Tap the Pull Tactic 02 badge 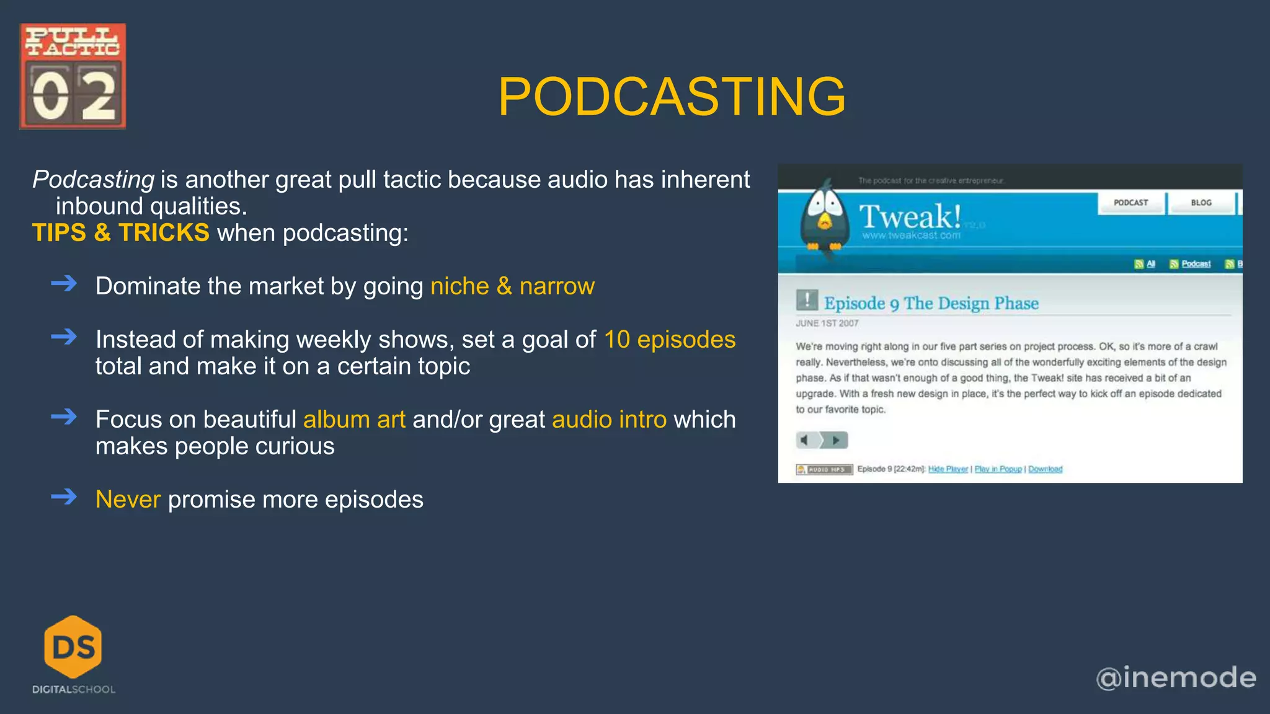(x=73, y=76)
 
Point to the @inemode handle (x=1176, y=677)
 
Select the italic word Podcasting (x=94, y=180)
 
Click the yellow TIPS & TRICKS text (x=121, y=233)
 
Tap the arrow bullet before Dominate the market (x=64, y=284)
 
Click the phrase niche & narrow (x=512, y=286)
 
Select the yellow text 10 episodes (x=670, y=340)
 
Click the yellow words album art (x=354, y=420)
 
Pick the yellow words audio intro (x=609, y=420)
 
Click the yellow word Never (x=128, y=500)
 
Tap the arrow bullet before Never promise (x=64, y=497)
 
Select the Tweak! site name (x=910, y=217)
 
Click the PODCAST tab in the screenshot (x=1130, y=203)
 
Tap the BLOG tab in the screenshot (x=1201, y=203)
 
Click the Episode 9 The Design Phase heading (x=931, y=303)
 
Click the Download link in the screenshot (x=1045, y=469)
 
